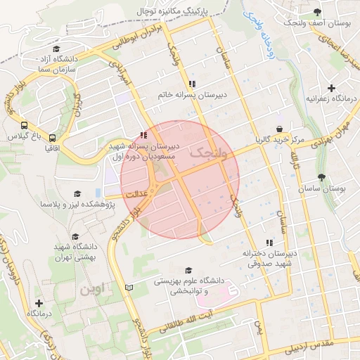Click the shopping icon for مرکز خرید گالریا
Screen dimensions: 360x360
point(281,129)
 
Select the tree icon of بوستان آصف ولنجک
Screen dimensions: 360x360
point(317,12)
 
